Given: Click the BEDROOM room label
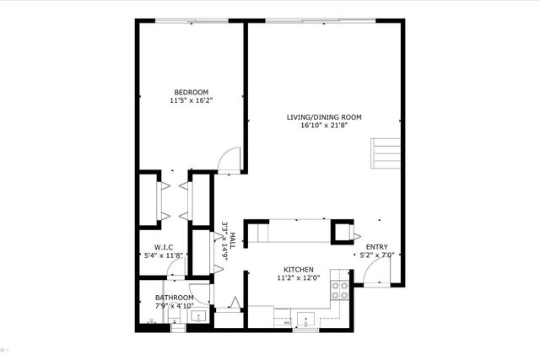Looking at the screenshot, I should tap(191, 92).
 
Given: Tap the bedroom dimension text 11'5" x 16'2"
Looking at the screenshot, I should tap(191, 100).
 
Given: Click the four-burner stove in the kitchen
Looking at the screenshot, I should tap(340, 290).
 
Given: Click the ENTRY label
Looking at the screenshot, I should tap(377, 247).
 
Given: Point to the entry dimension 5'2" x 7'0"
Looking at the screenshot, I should tap(377, 255).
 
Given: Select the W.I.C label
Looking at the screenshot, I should tap(163, 247).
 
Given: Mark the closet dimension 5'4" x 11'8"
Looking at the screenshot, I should tap(163, 255).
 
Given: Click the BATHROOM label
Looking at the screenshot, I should tap(174, 298).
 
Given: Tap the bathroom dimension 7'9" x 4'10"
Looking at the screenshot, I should tap(174, 306).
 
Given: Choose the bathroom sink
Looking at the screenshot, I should tap(199, 318).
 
